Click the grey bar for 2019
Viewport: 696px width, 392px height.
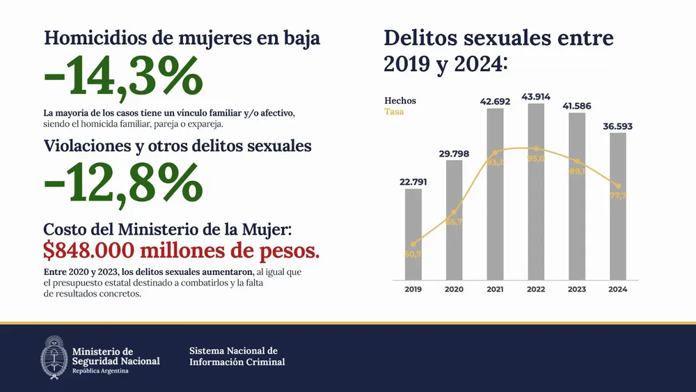coord(413,233)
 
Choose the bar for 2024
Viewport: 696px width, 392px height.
coord(618,205)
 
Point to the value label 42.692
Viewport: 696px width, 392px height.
coord(495,102)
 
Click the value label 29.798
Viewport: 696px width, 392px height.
coord(454,153)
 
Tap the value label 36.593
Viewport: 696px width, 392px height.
coord(618,126)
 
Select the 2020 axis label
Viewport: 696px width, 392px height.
coord(454,289)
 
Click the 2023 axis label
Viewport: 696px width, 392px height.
coord(577,289)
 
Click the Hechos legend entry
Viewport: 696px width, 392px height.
coord(400,101)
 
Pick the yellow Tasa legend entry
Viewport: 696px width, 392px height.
coord(394,111)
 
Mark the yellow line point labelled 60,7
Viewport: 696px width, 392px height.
coord(413,244)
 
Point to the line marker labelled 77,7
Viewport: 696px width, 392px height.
coord(618,186)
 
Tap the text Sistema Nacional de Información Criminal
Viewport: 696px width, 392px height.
coord(237,356)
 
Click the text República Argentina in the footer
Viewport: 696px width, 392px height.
coord(100,371)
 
